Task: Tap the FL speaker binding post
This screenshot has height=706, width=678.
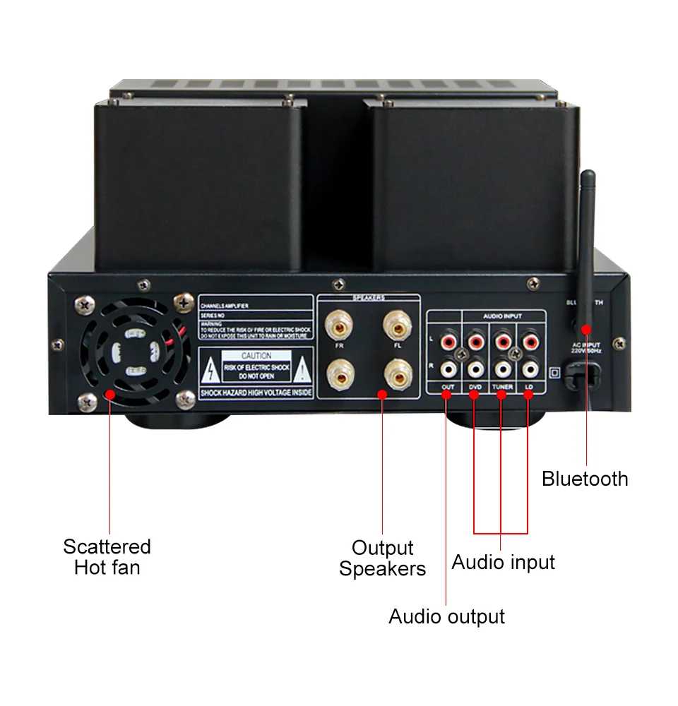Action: click(x=397, y=326)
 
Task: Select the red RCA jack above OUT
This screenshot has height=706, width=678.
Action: click(x=448, y=342)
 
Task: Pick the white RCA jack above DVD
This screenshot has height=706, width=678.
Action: click(x=475, y=368)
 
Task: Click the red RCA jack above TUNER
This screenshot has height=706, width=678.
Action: click(x=501, y=342)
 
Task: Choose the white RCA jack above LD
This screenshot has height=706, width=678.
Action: click(x=528, y=368)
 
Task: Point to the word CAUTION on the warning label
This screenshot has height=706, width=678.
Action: click(x=256, y=356)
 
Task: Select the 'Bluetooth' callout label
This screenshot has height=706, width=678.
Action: click(x=585, y=479)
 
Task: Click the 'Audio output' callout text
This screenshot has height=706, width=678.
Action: click(x=446, y=616)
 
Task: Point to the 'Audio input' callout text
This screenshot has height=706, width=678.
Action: click(x=503, y=562)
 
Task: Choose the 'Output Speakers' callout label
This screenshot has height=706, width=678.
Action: click(x=382, y=558)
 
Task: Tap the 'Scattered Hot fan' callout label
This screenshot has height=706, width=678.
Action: click(x=107, y=556)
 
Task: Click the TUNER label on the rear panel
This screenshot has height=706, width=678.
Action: click(x=501, y=387)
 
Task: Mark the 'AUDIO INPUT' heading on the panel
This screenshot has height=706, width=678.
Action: click(x=503, y=317)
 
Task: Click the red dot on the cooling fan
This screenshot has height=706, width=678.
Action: click(x=110, y=395)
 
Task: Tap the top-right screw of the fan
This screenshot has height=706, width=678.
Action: click(x=185, y=302)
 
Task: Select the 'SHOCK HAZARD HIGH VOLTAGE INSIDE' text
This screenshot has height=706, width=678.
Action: click(x=256, y=393)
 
